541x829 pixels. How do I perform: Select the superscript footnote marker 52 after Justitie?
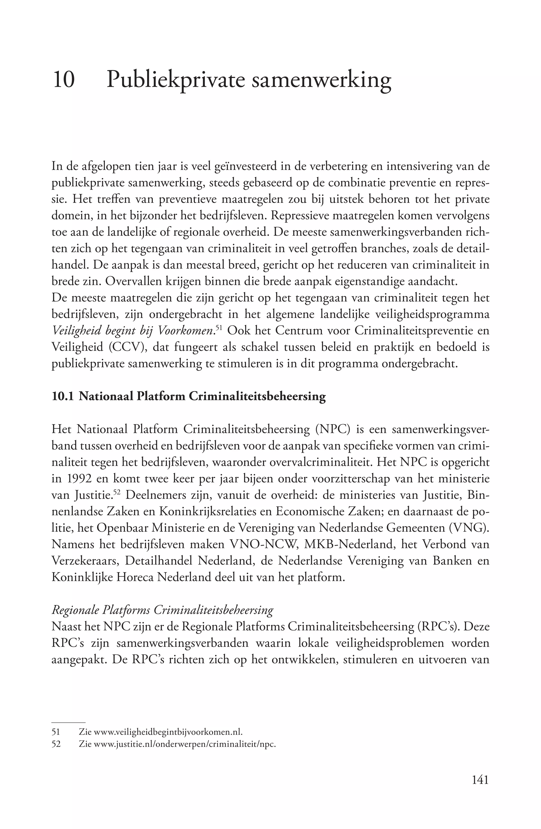[x=120, y=492]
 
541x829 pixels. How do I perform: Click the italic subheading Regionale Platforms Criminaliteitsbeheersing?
[x=162, y=610]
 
